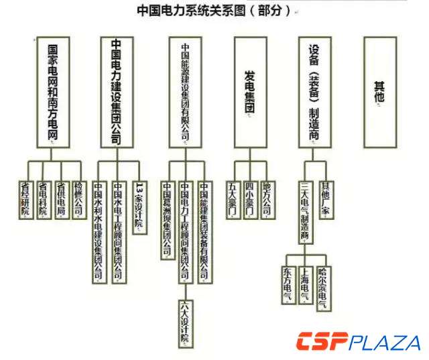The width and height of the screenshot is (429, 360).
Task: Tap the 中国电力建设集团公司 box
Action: [116, 91]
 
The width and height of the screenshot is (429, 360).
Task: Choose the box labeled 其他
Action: [380, 91]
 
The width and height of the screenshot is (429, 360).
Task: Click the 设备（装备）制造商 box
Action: [314, 91]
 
